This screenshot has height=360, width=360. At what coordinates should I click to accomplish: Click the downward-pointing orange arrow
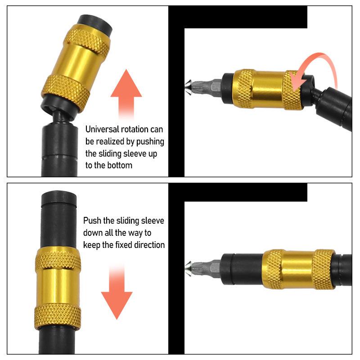pyautogui.click(x=117, y=295)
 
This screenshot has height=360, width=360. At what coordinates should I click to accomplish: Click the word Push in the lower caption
pyautogui.click(x=91, y=221)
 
